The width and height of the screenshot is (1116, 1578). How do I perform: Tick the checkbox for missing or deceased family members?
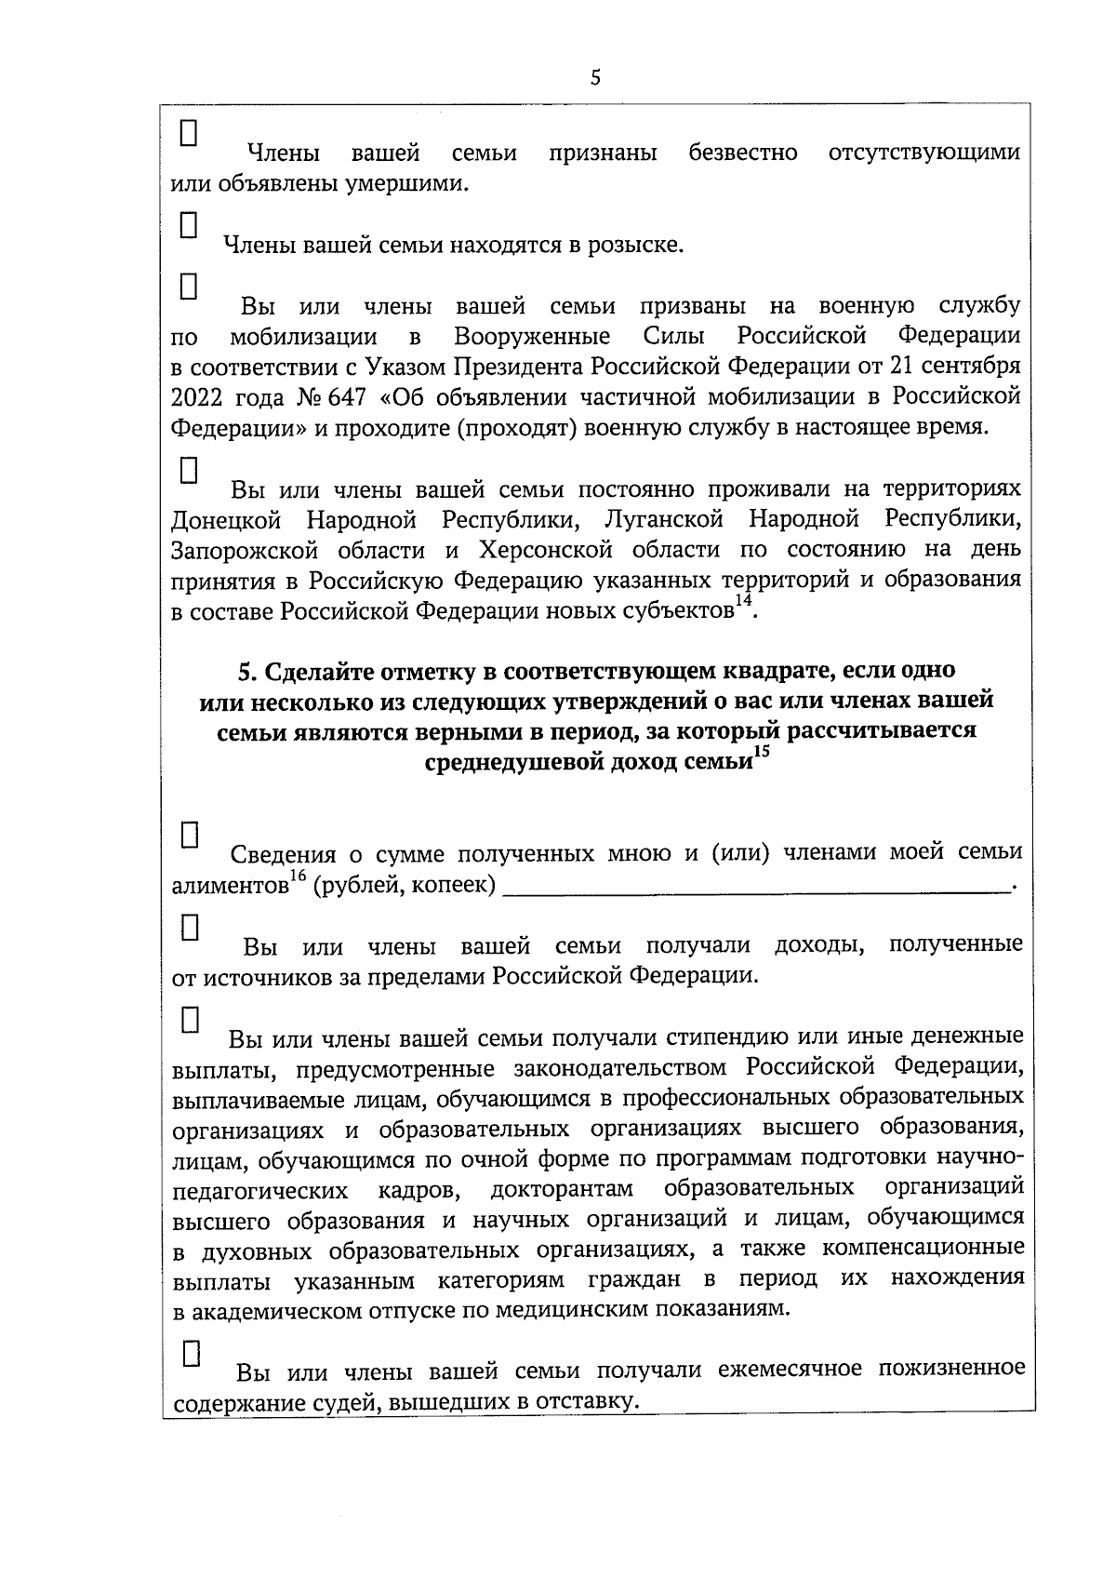(x=189, y=132)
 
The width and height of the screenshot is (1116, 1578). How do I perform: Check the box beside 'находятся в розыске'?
(x=189, y=224)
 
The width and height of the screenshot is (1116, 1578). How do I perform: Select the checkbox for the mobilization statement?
(x=189, y=284)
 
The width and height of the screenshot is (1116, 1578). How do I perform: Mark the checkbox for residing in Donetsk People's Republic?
(x=189, y=469)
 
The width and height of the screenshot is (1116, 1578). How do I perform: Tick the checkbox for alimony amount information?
(x=189, y=834)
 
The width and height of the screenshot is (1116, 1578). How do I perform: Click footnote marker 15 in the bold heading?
(x=762, y=754)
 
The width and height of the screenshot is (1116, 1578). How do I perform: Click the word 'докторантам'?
(x=561, y=1189)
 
